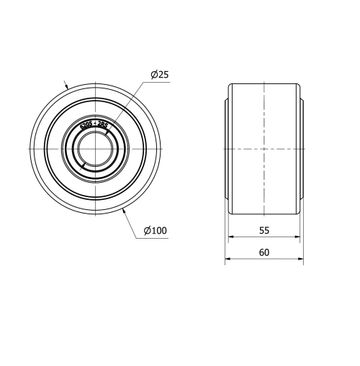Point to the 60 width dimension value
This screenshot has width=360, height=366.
pos(264,252)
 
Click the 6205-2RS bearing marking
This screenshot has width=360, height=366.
pos(94,127)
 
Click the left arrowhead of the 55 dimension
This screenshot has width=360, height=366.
pos(231,238)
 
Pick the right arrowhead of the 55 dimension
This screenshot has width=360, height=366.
pos(297,238)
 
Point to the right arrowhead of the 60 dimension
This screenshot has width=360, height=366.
pos(301,261)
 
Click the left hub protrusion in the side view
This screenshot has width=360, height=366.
pos(227,148)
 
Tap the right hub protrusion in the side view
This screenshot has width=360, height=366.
pos(302,148)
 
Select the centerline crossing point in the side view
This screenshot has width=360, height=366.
pos(264,148)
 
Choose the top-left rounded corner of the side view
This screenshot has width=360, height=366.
pos(231,86)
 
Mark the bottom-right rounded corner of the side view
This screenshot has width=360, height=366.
pos(298,211)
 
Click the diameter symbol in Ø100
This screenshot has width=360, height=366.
pos(146,230)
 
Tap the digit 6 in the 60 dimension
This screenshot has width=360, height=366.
pos(261,252)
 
